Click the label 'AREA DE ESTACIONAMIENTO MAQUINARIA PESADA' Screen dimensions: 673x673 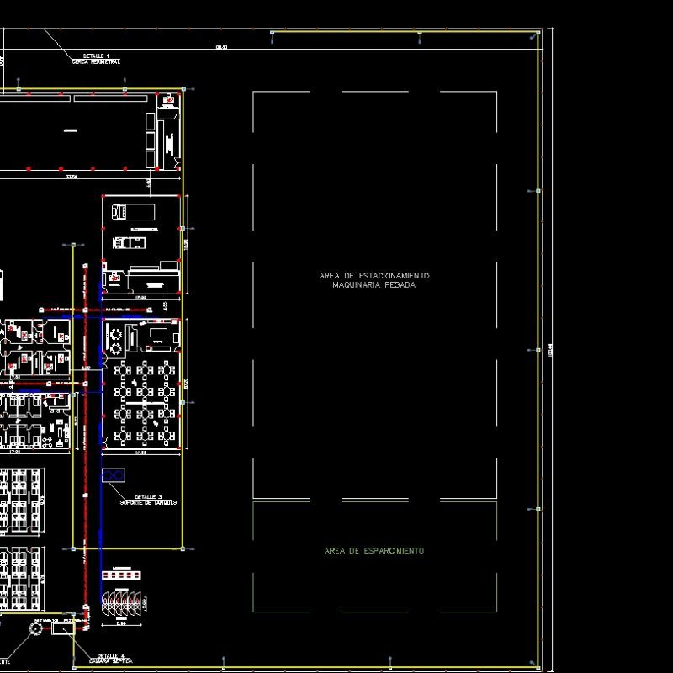point(374,280)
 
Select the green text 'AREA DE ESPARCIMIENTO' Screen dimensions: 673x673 point(374,551)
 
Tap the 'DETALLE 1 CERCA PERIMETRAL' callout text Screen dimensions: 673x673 point(95,58)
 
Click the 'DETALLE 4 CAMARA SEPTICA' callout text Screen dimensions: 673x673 point(111,658)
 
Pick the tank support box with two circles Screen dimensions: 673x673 point(113,475)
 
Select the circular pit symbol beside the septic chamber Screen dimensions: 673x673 point(36,628)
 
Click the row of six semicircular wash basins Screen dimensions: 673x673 point(123,599)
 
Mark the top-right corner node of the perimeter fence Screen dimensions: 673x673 point(538,34)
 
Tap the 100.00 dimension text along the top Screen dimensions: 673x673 point(221,47)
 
